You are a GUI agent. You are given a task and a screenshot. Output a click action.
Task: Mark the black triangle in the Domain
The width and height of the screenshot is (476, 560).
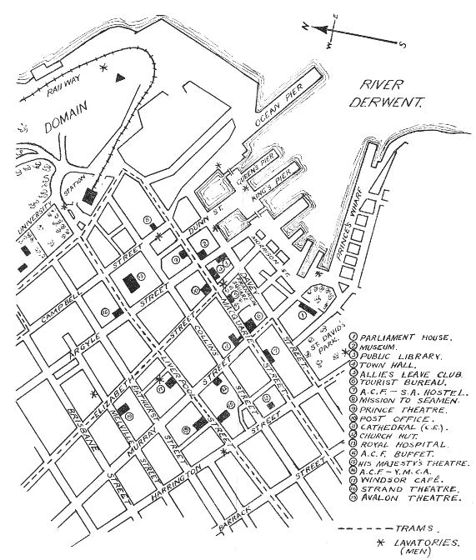point(122,77)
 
